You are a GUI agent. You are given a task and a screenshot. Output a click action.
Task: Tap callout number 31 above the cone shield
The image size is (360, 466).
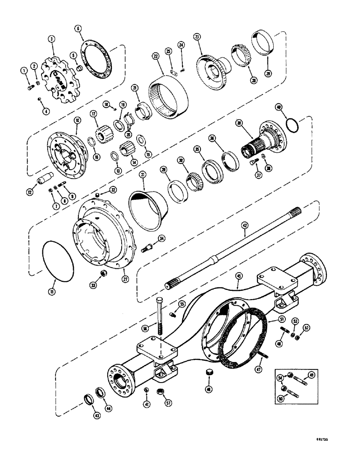click(x=142, y=174)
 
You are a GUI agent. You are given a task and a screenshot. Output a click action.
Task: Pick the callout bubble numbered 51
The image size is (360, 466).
click(x=282, y=318)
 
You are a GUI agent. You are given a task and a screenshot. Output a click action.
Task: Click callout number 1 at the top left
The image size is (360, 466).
click(x=23, y=70)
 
